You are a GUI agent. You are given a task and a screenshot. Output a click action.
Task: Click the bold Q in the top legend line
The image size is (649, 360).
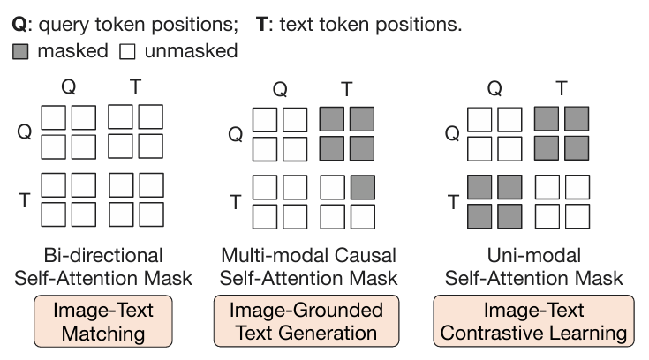pyautogui.click(x=19, y=25)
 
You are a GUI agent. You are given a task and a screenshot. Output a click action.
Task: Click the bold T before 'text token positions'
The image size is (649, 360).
pyautogui.click(x=262, y=25)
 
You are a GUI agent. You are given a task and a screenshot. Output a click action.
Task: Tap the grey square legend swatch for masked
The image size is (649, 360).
pyautogui.click(x=20, y=52)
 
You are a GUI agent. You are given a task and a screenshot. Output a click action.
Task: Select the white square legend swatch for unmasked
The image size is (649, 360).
pyautogui.click(x=127, y=52)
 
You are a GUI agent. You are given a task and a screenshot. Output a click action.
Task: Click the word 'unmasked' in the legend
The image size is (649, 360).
pyautogui.click(x=192, y=51)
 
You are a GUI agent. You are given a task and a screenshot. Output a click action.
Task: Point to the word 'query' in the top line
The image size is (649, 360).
pyautogui.click(x=64, y=26)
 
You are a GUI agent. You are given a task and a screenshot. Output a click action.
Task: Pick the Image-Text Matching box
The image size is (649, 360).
pyautogui.click(x=103, y=321)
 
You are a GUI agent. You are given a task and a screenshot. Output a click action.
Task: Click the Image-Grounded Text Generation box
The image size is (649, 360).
pyautogui.click(x=306, y=321)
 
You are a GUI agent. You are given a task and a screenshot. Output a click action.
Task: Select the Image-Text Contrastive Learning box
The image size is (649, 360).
pyautogui.click(x=533, y=321)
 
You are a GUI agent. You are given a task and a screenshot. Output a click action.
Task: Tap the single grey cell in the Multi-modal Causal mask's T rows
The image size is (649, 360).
pyautogui.click(x=363, y=187)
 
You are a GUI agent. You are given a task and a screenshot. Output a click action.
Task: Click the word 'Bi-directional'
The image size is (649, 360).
pyautogui.click(x=103, y=255)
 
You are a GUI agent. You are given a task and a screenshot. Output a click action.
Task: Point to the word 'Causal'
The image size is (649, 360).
pyautogui.click(x=365, y=255)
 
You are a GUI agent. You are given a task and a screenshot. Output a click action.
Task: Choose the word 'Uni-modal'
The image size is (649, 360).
pyautogui.click(x=534, y=255)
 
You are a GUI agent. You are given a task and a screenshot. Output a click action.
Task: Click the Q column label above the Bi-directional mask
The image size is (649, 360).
pyautogui.click(x=69, y=86)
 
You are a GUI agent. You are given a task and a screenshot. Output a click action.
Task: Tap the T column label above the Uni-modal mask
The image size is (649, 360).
pyautogui.click(x=562, y=88)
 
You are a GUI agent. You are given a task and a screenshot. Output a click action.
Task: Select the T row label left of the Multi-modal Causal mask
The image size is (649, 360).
pyautogui.click(x=236, y=202)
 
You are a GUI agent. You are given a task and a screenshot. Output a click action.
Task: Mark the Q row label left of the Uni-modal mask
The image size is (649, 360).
pyautogui.click(x=452, y=133)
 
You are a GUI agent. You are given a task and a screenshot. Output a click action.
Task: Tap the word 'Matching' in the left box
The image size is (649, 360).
pyautogui.click(x=103, y=334)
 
